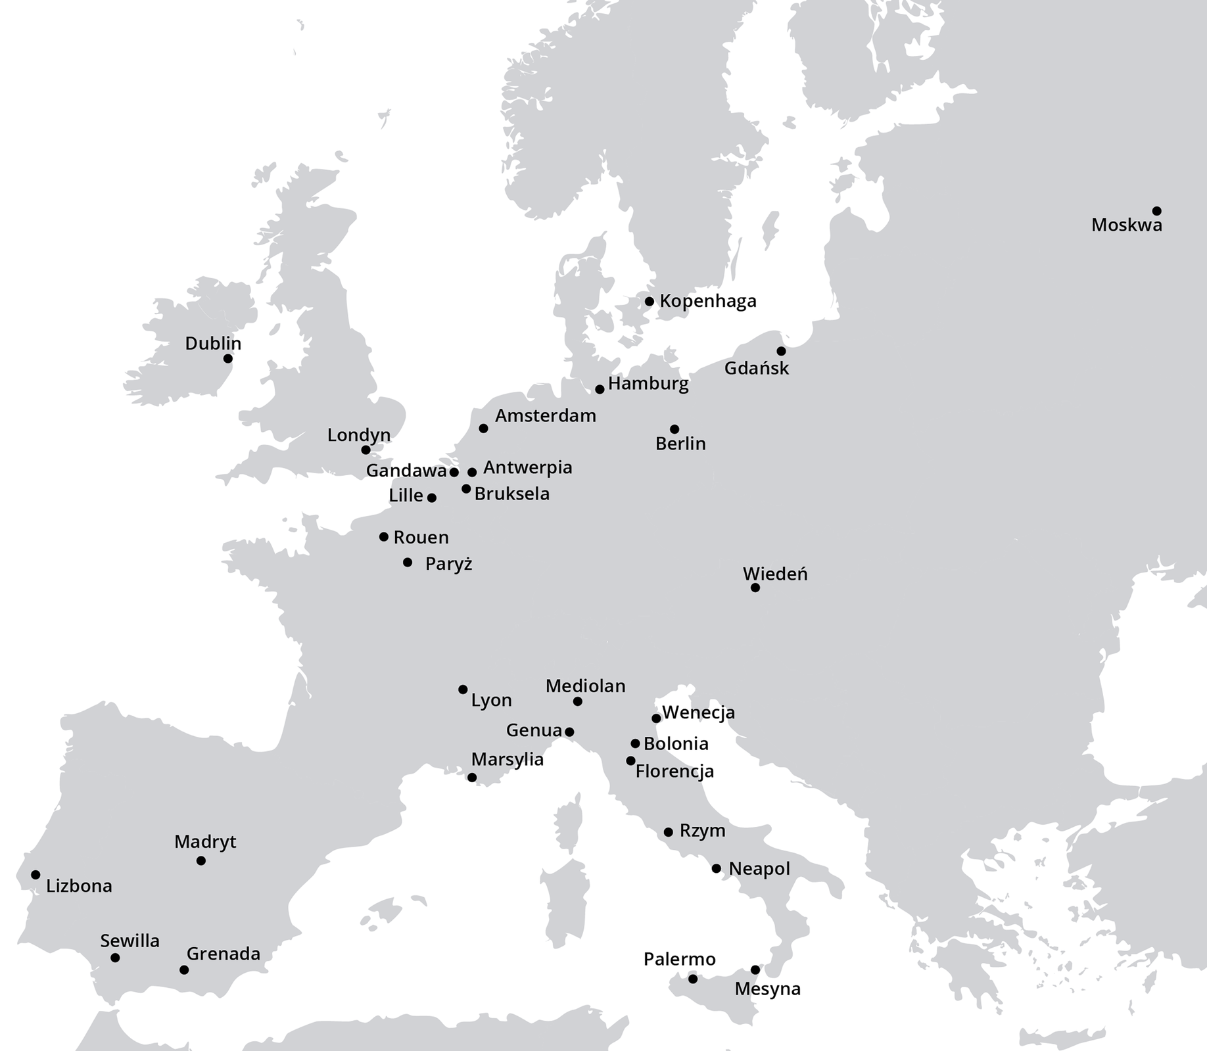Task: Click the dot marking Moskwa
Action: (x=1156, y=211)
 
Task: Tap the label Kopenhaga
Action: (x=707, y=301)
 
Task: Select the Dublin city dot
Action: (x=227, y=358)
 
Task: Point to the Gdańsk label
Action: (x=756, y=368)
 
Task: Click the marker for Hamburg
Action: (x=600, y=389)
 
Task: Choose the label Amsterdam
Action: (x=545, y=415)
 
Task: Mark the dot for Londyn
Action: (x=366, y=450)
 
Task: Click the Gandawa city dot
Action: (x=454, y=472)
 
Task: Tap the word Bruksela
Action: (x=511, y=494)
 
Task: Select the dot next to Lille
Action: (x=431, y=498)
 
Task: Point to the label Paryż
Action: (x=448, y=564)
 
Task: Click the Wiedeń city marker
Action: (x=755, y=588)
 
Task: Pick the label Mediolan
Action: (x=585, y=686)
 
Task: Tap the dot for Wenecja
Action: (x=656, y=718)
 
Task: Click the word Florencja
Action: (x=674, y=771)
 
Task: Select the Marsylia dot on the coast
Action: (x=471, y=778)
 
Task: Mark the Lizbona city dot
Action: (x=35, y=875)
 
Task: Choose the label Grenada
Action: (x=223, y=954)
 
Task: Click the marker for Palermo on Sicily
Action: (x=692, y=979)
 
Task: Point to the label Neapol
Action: (x=759, y=868)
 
